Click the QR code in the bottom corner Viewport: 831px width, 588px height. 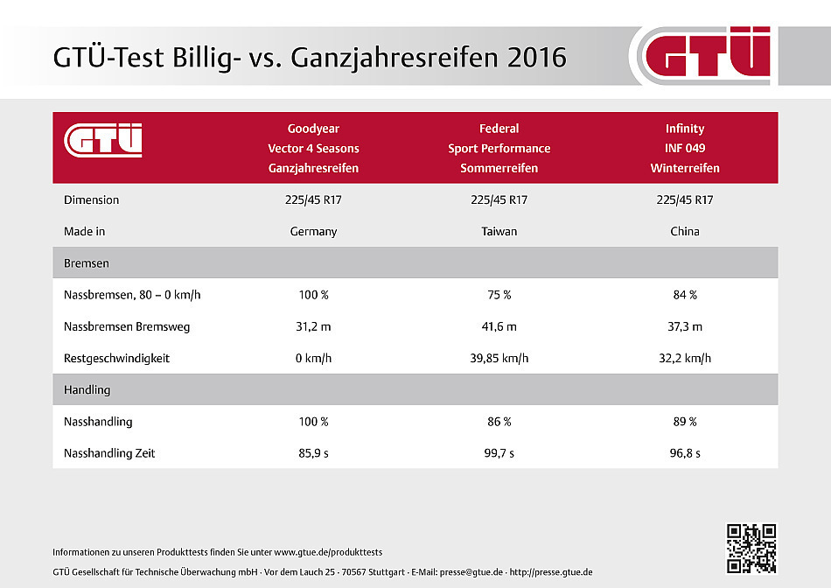pos(751,549)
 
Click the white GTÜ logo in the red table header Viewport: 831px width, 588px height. pos(103,140)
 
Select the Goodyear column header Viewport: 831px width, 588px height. pos(313,148)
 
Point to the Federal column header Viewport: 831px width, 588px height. pos(499,148)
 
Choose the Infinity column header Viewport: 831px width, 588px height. pos(684,148)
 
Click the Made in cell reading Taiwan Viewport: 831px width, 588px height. pos(499,232)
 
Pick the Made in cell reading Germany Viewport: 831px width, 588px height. pos(313,232)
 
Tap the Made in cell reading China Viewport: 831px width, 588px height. pos(684,232)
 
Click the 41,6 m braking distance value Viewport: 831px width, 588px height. pos(499,326)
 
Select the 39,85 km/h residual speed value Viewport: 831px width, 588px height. pos(499,358)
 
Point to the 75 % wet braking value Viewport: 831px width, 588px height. pos(499,295)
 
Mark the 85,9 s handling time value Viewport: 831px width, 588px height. pos(313,453)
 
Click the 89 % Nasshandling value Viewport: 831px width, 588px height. pos(684,422)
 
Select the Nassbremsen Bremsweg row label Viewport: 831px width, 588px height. pos(126,326)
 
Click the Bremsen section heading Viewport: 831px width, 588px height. pos(86,262)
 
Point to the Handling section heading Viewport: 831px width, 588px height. pos(87,389)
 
